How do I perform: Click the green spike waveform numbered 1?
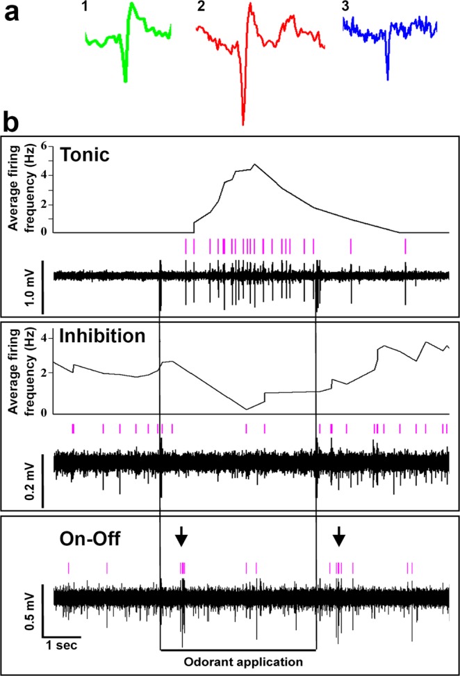(x=126, y=42)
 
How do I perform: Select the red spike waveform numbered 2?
(x=245, y=63)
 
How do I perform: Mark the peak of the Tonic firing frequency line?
(x=254, y=165)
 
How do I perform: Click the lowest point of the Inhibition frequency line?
(x=247, y=409)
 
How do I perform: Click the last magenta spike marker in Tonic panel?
(x=405, y=246)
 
